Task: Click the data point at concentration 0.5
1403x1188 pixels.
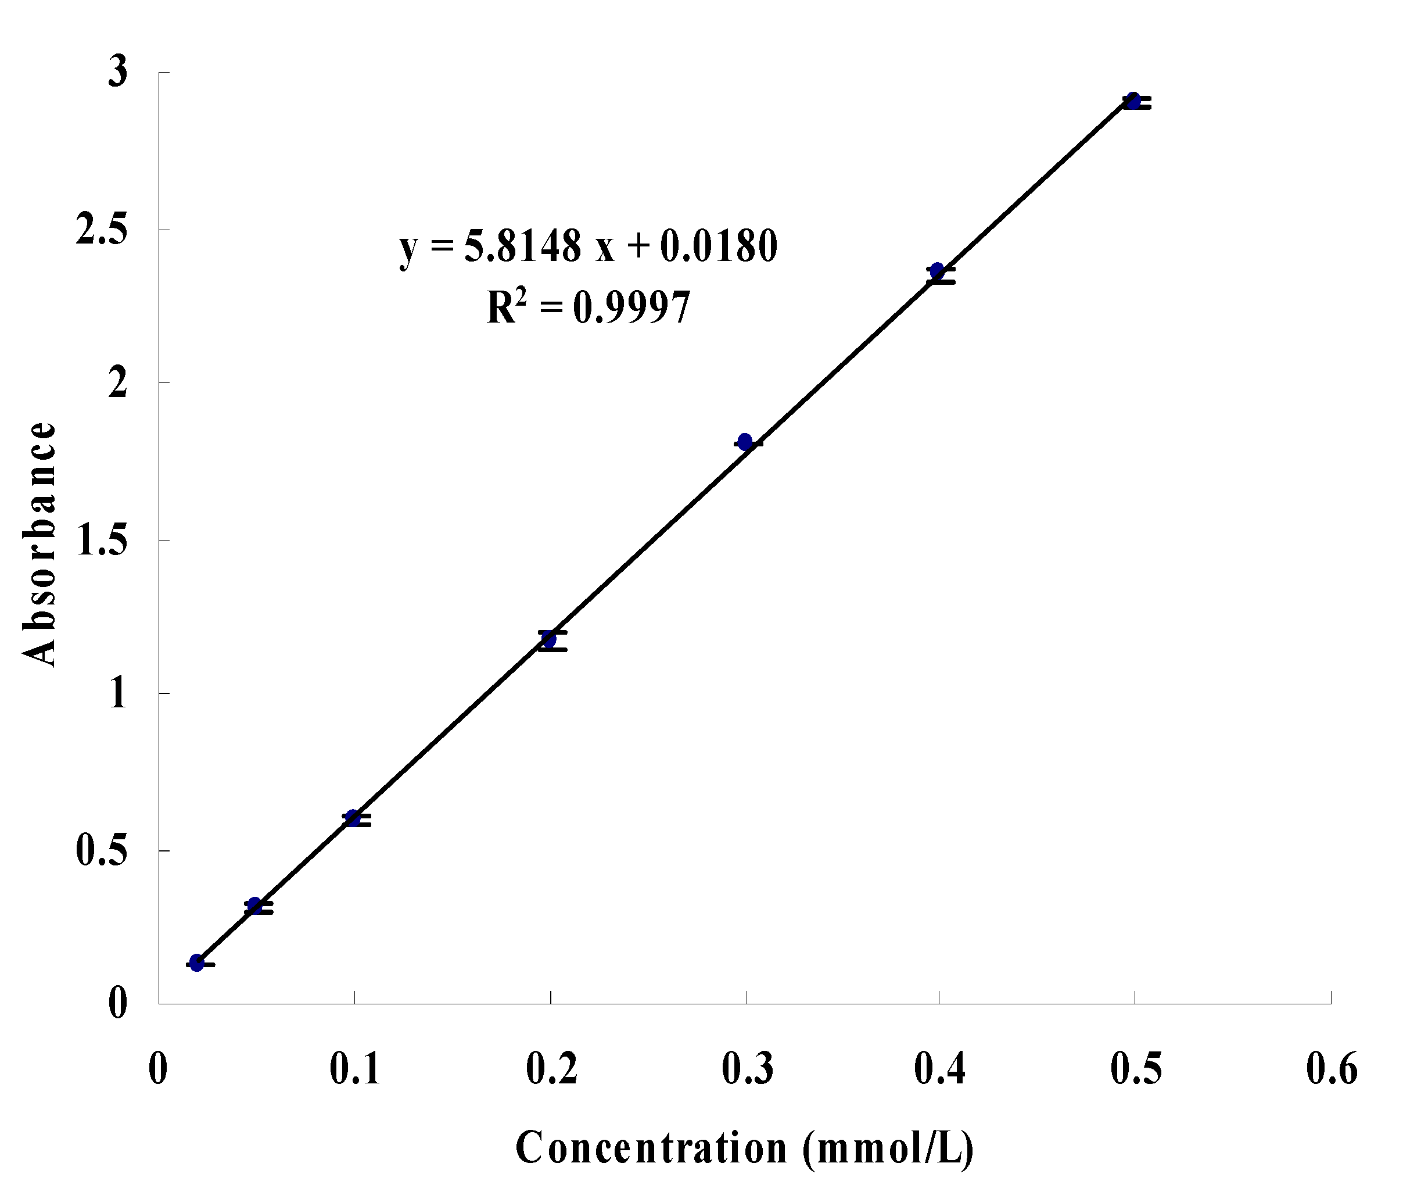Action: (1133, 101)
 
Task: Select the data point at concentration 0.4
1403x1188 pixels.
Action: (937, 271)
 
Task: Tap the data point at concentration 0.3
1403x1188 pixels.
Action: (745, 442)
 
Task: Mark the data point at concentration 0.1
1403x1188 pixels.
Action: (353, 818)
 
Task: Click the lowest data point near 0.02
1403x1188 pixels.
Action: (196, 962)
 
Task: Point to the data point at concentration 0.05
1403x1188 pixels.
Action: (254, 905)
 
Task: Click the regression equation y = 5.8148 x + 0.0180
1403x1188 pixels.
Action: (589, 246)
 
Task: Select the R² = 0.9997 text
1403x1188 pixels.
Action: (589, 309)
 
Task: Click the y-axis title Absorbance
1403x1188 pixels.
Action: (39, 544)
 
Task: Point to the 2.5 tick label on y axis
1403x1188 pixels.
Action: (101, 230)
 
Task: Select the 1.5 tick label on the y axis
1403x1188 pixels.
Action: (101, 540)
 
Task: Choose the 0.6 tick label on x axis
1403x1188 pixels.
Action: (1332, 1068)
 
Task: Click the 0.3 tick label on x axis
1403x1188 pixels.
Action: (747, 1068)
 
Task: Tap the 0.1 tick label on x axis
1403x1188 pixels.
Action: (355, 1068)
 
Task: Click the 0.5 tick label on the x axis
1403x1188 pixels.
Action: (1136, 1068)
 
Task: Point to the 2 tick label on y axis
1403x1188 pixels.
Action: (117, 383)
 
